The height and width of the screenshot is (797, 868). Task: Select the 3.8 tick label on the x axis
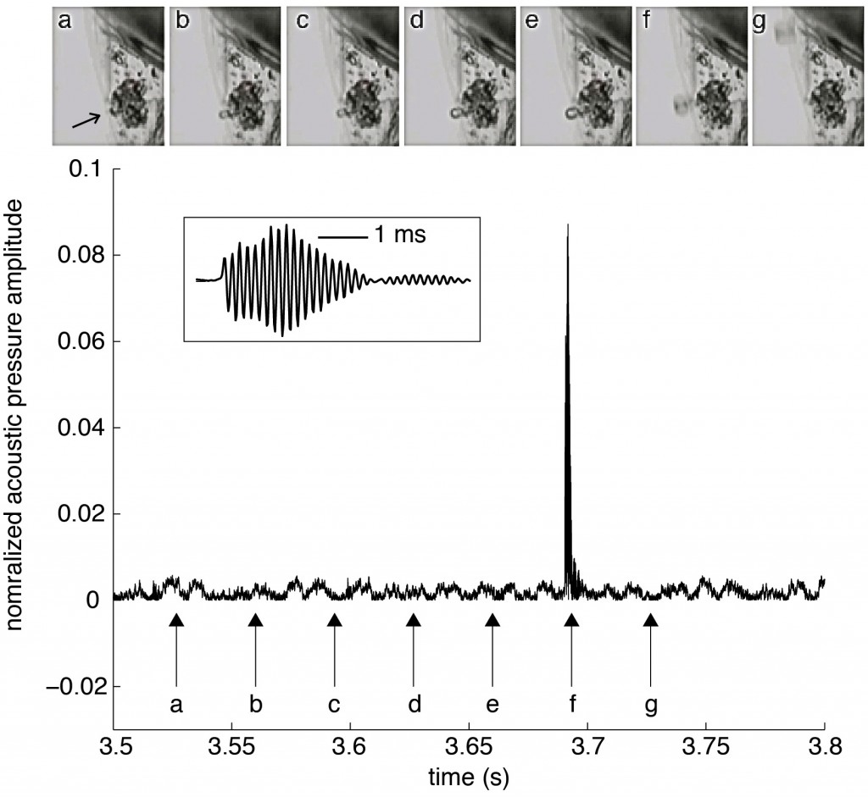tap(824, 748)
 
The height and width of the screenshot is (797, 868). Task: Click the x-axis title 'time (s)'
tap(469, 775)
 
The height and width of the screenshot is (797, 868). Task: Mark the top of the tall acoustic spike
tap(567, 225)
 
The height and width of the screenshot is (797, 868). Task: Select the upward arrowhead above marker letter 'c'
tap(334, 620)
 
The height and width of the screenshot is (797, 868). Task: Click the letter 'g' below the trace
tap(650, 704)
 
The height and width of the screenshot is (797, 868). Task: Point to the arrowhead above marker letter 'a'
tap(176, 620)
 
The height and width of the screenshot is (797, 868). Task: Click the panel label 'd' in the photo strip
tap(416, 23)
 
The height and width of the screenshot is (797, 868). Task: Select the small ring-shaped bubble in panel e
tap(574, 110)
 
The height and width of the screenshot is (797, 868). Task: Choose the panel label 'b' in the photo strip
tap(182, 22)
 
